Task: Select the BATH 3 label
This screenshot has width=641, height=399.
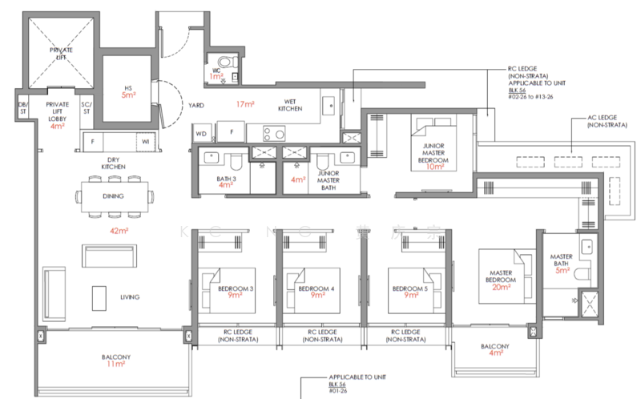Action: [x=226, y=181]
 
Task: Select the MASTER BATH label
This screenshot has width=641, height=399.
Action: [x=562, y=261]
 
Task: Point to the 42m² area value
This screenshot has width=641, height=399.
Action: [x=118, y=231]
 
